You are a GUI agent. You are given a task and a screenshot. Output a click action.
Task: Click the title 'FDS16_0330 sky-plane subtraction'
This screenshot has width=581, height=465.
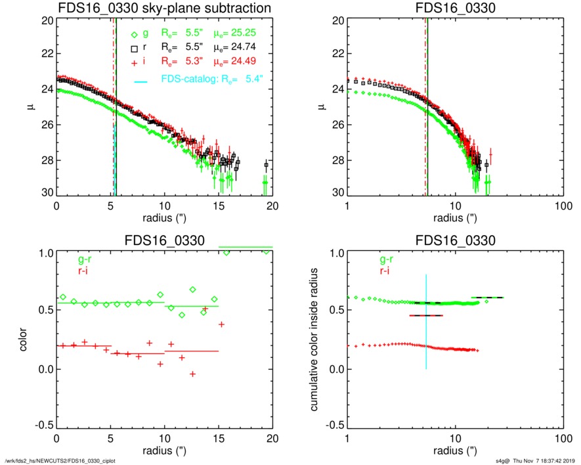(164, 9)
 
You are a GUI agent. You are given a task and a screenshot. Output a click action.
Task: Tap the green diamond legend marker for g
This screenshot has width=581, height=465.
(134, 35)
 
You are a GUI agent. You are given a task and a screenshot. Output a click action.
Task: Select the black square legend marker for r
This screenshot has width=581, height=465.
(134, 48)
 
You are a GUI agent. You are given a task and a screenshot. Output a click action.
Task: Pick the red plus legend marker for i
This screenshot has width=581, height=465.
(134, 61)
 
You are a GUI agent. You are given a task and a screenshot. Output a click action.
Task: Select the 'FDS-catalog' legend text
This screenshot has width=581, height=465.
(188, 82)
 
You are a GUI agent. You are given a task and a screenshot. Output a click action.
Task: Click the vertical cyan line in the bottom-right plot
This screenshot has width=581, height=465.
(427, 322)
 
